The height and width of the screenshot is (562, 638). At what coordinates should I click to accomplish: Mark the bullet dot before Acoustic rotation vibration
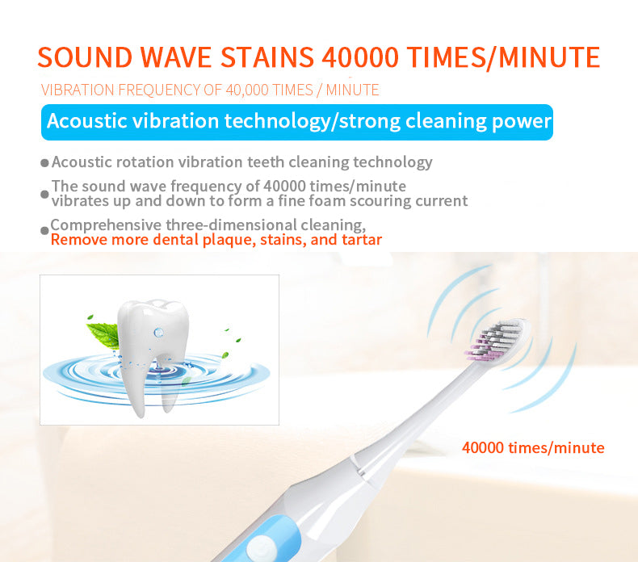[45, 163]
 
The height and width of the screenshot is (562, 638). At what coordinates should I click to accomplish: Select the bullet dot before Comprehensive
[45, 231]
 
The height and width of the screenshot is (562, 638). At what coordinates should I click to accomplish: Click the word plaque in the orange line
[208, 240]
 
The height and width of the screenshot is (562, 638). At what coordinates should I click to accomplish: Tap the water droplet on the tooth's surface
[158, 332]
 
